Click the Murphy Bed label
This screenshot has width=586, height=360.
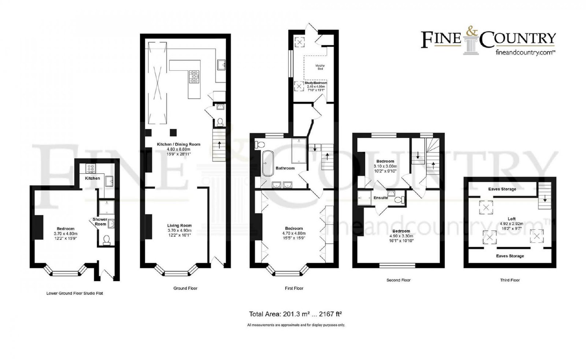[320, 67]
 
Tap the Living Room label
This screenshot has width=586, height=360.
[179, 226]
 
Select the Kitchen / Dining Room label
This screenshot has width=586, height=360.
[178, 144]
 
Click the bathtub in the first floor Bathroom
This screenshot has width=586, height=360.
[268, 163]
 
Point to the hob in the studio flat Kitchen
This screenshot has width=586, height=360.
[91, 168]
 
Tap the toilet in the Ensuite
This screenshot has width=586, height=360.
[400, 200]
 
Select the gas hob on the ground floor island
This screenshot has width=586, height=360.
[194, 77]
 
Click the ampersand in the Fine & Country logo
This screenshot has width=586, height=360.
[472, 31]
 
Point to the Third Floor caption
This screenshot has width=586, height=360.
[510, 280]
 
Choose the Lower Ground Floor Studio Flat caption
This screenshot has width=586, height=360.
[75, 293]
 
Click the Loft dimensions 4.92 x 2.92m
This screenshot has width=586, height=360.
[511, 224]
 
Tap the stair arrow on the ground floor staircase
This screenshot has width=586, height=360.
[219, 144]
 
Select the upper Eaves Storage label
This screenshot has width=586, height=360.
[502, 189]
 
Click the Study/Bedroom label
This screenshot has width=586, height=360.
[316, 83]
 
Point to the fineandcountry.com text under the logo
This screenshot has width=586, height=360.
[525, 52]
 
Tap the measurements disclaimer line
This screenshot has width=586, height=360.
[296, 325]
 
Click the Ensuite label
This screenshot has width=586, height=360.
[381, 198]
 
